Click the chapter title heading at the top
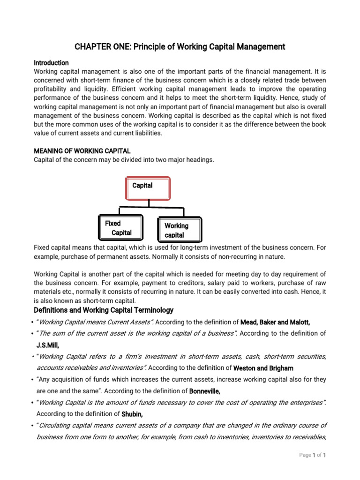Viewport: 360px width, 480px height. [180, 47]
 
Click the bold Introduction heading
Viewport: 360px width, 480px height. [52, 63]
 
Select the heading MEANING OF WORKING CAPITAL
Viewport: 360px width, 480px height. [82, 151]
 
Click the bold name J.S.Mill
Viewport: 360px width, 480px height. [48, 345]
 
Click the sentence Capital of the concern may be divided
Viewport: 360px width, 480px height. [124, 160]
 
